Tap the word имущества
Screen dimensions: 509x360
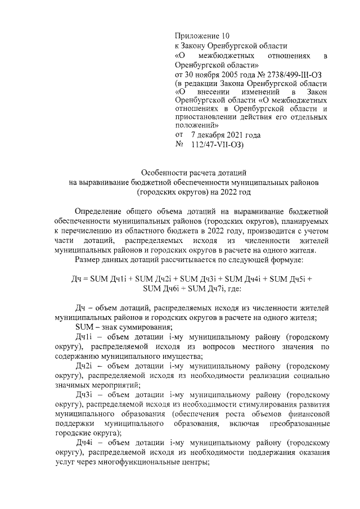tap(206, 356)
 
